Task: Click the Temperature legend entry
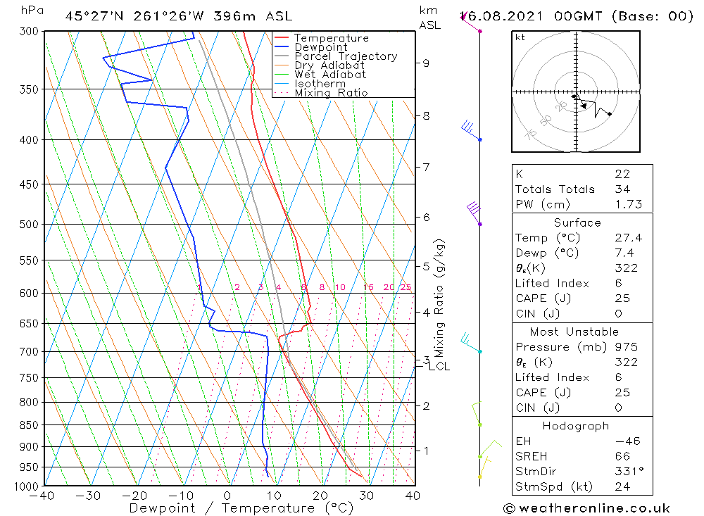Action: point(331,38)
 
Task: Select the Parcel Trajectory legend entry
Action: point(346,56)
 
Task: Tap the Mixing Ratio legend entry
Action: point(331,93)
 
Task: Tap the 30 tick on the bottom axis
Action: point(366,496)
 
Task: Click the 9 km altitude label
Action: point(425,63)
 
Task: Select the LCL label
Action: point(439,366)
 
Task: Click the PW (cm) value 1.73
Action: point(622,204)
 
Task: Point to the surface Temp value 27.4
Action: point(622,238)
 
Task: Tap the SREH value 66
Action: point(622,456)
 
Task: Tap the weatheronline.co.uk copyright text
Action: point(586,508)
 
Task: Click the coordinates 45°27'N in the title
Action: point(95,15)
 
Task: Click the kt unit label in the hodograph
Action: point(520,37)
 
